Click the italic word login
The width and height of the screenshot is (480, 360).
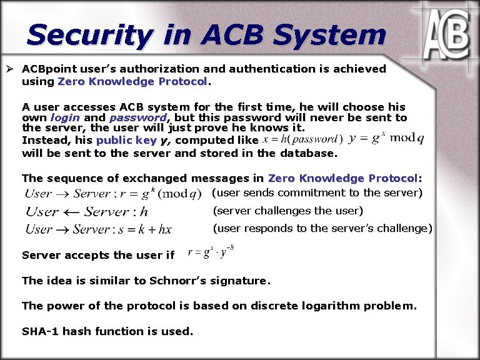coord(65,117)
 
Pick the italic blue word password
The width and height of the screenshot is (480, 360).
coord(137,117)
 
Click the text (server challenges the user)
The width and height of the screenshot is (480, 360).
coord(288,211)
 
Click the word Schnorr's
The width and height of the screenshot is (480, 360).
coord(178,281)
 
